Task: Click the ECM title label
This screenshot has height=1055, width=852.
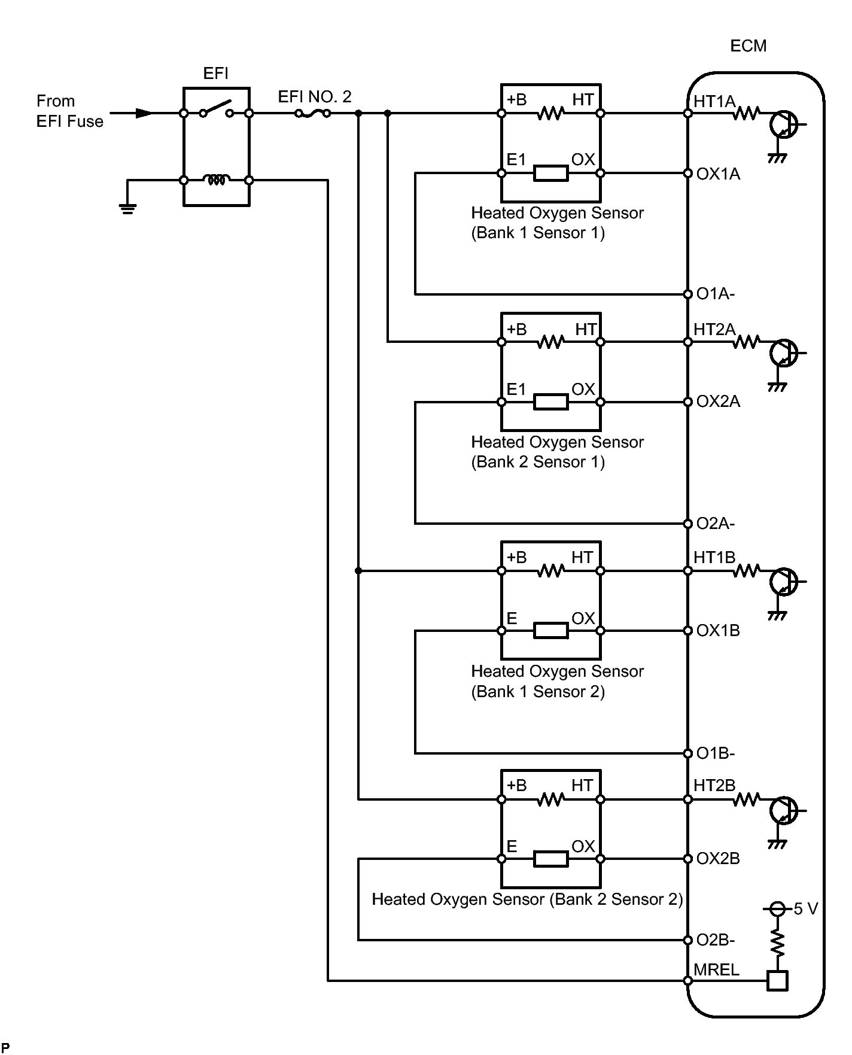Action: click(748, 46)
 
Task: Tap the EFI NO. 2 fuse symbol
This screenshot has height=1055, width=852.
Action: click(312, 113)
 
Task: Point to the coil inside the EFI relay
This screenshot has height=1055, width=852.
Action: click(216, 180)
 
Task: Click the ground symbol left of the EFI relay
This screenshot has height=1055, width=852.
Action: click(127, 207)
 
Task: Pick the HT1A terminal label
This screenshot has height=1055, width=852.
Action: click(714, 102)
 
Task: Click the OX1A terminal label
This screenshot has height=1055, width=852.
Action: click(718, 174)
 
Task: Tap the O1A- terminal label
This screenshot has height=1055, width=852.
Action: click(716, 294)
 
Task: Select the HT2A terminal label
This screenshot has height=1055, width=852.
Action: click(714, 330)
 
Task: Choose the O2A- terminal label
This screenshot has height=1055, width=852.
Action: click(716, 524)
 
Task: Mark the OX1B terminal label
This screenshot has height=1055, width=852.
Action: click(718, 631)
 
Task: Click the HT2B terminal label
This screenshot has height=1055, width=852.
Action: click(714, 786)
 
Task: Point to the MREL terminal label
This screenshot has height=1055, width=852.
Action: click(716, 969)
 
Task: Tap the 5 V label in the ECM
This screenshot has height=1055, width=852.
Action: click(805, 909)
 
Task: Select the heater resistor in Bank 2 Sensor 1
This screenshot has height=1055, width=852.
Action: click(550, 342)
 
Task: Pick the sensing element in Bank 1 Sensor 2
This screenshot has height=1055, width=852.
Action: click(550, 630)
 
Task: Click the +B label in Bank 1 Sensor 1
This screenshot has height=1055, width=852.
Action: click(516, 100)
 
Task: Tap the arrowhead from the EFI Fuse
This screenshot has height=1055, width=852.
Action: click(144, 113)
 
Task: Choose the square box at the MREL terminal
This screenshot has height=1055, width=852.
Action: click(777, 981)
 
